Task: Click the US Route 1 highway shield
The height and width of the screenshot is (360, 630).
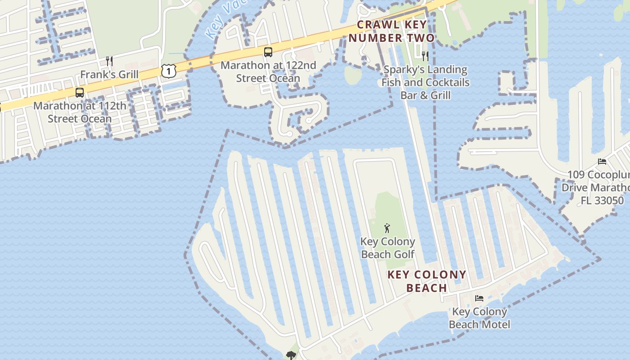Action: [168, 71]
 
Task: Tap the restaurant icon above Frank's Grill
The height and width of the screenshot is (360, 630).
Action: [109, 61]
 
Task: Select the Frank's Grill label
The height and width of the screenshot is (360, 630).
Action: [109, 74]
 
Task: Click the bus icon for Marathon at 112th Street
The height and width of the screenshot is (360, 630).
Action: [80, 93]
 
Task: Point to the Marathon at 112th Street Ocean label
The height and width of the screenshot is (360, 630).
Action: [79, 112]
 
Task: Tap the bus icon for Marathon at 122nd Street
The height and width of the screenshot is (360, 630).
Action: [268, 52]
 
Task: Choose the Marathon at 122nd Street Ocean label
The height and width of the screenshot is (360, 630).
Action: [268, 72]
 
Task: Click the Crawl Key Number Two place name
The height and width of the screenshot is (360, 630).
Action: [391, 31]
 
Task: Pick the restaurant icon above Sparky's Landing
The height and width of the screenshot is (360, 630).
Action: [425, 56]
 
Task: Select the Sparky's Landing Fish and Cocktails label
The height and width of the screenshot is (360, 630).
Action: [425, 82]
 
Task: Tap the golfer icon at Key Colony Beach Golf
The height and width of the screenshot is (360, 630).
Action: [387, 229]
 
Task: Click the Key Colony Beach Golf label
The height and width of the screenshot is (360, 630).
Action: [387, 248]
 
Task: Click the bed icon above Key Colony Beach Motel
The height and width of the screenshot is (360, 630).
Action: [479, 298]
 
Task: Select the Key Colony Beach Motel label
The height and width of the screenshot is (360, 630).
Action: [479, 318]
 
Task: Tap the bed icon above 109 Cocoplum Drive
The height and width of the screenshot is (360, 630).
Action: [602, 161]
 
